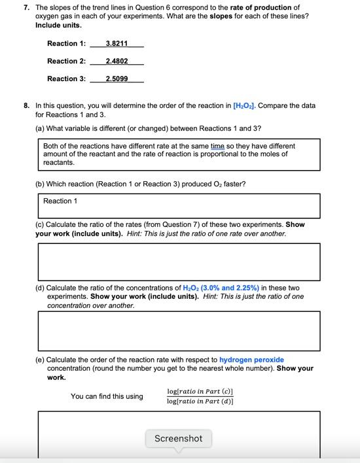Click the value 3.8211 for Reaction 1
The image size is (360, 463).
[x=117, y=44]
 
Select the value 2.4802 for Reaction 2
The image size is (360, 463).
[x=117, y=61]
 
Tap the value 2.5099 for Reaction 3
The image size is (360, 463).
[x=117, y=79]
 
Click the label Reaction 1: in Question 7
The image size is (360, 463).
[x=66, y=44]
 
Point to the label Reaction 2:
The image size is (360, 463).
[x=66, y=61]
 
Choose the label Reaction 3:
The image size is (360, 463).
[x=66, y=79]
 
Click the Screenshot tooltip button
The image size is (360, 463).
[x=178, y=438]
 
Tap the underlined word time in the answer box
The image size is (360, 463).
[x=217, y=146]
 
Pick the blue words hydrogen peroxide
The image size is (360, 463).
[x=251, y=360]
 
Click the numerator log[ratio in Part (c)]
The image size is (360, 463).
[x=200, y=392]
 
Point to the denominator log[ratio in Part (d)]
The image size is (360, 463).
[x=200, y=401]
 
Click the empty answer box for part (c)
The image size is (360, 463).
[x=179, y=262]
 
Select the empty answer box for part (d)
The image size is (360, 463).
[x=179, y=330]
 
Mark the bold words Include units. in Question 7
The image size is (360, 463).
[x=58, y=25]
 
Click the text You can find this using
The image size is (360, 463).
[x=107, y=396]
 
